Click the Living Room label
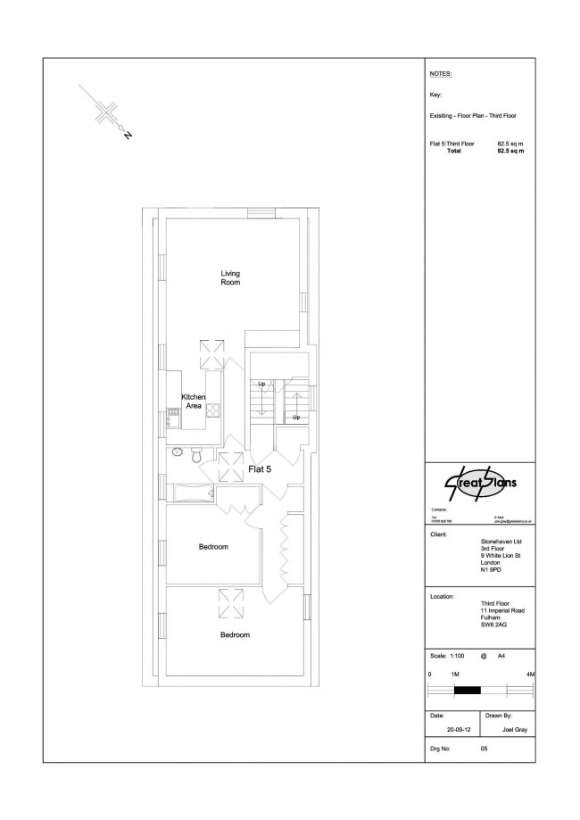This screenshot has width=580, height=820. click(x=231, y=277)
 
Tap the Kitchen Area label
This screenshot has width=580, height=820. click(x=194, y=401)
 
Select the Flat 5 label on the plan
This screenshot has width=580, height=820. click(x=260, y=468)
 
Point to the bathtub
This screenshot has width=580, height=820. click(x=189, y=493)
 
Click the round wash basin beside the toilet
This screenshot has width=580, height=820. click(x=176, y=451)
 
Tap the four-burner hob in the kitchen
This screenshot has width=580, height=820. click(x=213, y=410)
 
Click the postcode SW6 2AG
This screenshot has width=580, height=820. click(x=494, y=625)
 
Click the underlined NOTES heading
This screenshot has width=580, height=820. click(x=440, y=74)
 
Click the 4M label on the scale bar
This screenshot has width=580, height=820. click(x=530, y=673)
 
